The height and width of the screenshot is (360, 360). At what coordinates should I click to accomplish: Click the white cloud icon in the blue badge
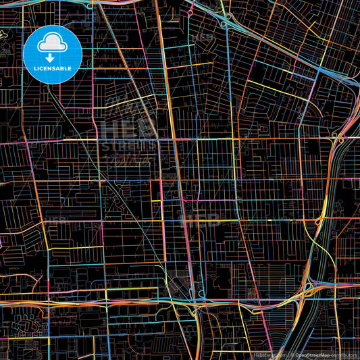52,45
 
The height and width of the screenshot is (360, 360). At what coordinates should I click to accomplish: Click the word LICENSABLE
53,68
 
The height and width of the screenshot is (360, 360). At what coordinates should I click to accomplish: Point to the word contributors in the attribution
344,355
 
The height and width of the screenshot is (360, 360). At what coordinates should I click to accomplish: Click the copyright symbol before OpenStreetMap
292,355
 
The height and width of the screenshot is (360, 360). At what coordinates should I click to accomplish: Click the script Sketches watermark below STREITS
128,159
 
